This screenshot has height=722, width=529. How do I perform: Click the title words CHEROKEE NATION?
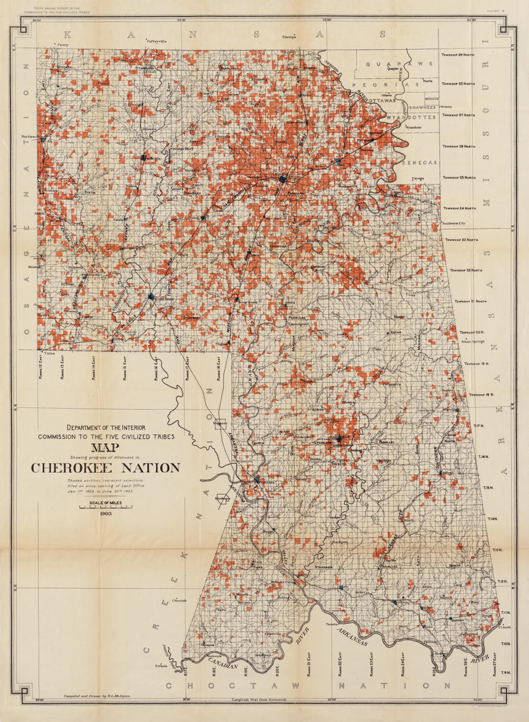105,468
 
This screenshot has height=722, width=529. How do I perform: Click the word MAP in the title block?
105,448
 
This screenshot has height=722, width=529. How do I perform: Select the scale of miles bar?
105,507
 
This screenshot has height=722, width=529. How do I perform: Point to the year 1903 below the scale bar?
105,514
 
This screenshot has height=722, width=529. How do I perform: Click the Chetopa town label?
289,37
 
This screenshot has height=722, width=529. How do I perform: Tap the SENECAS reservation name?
420,162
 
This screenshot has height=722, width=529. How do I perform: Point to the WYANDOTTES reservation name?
411,117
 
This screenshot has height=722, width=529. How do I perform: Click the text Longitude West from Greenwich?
259,701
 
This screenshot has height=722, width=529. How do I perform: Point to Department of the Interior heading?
105,427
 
